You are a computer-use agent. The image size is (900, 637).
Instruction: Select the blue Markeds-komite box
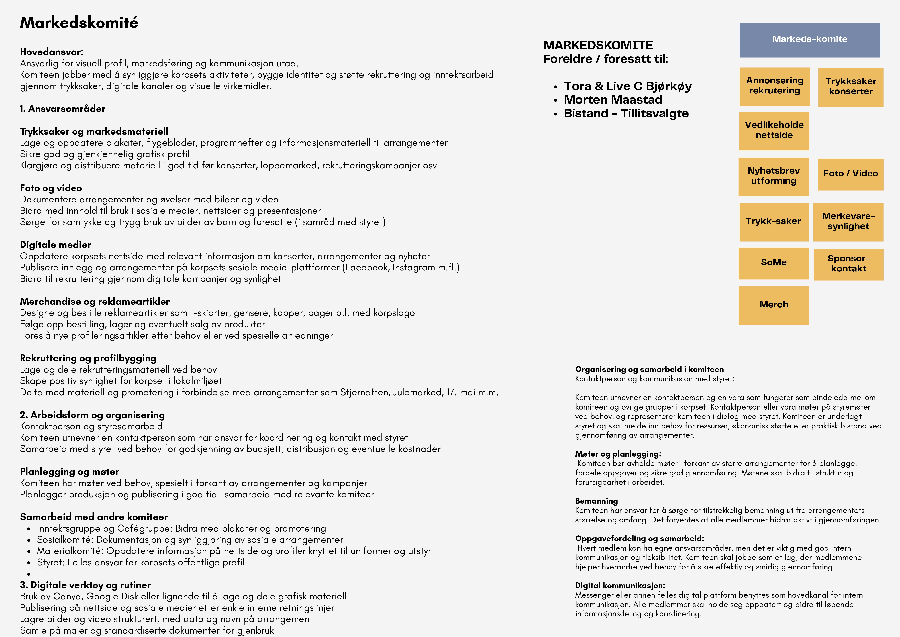click(x=809, y=40)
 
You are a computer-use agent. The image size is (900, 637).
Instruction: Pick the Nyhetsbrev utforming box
click(x=773, y=176)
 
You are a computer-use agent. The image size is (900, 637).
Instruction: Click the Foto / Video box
click(x=850, y=174)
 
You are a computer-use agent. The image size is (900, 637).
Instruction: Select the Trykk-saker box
click(x=773, y=222)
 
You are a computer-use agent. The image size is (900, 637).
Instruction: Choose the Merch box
click(x=773, y=305)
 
